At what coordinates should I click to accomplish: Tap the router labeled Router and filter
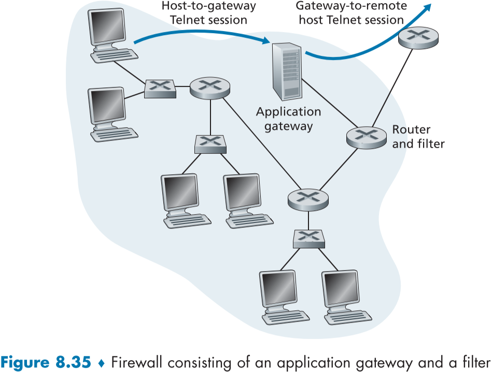click(366, 136)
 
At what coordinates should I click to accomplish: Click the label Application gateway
click(289, 119)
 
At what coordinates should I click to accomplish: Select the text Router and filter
click(418, 137)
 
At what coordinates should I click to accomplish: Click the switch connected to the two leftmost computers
click(160, 88)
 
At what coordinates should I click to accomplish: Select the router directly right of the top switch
click(209, 88)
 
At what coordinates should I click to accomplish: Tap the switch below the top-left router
click(210, 144)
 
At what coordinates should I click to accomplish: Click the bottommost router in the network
click(308, 199)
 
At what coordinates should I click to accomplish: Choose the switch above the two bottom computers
click(308, 239)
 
